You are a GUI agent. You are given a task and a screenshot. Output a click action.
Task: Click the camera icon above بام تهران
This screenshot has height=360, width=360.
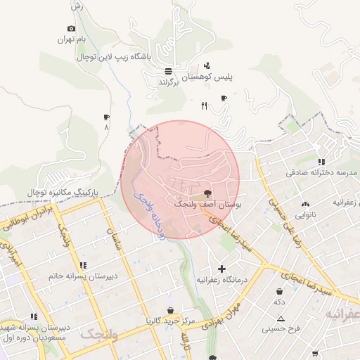click(x=71, y=28)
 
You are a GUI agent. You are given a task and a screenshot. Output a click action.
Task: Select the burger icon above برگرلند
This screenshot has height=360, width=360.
click(x=168, y=71)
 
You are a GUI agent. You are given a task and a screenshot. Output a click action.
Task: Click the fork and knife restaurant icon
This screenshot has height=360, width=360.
click(x=205, y=106)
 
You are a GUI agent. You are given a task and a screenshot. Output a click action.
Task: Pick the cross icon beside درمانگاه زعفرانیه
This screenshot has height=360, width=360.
click(x=222, y=269)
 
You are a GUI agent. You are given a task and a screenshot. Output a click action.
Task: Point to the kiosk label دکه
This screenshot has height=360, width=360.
click(x=280, y=302)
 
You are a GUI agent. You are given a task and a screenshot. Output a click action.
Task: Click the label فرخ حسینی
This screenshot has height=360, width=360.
click(x=281, y=328)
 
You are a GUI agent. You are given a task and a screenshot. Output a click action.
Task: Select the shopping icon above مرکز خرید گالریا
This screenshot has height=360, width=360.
click(x=169, y=310)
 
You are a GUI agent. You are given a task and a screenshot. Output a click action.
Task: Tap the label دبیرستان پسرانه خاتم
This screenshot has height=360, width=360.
click(x=82, y=276)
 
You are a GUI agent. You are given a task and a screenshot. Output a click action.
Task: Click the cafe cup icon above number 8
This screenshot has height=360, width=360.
click(x=106, y=117)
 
